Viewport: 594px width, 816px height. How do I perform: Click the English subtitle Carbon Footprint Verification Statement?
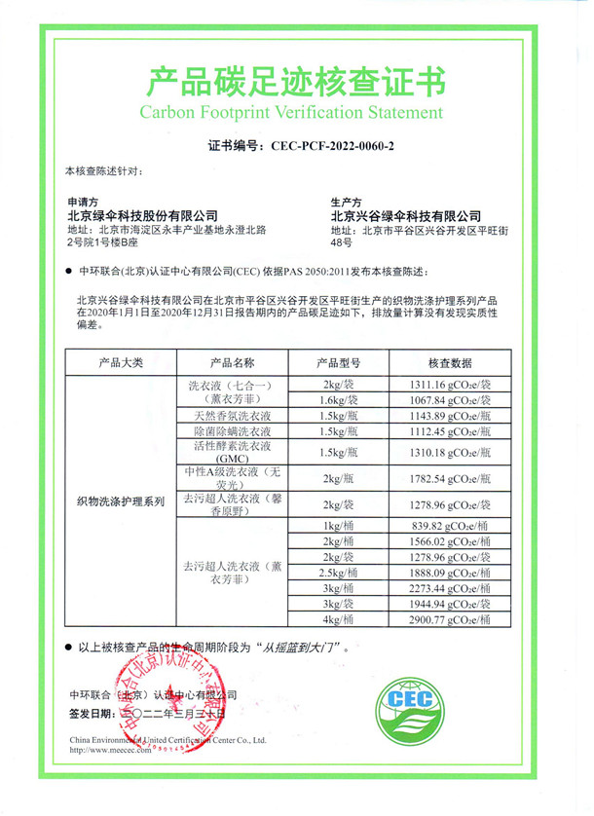pyautogui.click(x=297, y=112)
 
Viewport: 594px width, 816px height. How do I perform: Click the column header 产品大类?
pyautogui.click(x=121, y=362)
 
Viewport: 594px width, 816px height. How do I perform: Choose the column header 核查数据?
pyautogui.click(x=449, y=362)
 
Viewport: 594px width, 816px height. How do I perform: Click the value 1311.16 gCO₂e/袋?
pyautogui.click(x=449, y=385)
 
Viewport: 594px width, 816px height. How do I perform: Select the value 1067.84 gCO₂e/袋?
pyautogui.click(x=449, y=400)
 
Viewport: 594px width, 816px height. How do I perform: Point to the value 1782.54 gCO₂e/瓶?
pyautogui.click(x=449, y=478)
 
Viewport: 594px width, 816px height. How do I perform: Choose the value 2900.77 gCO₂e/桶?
pyautogui.click(x=449, y=618)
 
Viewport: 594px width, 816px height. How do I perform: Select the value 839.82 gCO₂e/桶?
pyautogui.click(x=449, y=526)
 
